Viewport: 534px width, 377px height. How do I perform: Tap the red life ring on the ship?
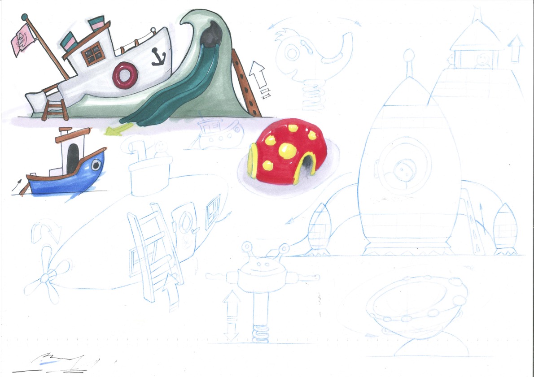[123, 75]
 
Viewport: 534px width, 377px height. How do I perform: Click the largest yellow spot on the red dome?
[287, 151]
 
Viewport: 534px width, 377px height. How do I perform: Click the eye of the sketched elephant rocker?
[292, 53]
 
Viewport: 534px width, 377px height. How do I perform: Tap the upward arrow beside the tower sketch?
[516, 48]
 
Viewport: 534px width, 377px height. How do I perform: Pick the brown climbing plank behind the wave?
[245, 85]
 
